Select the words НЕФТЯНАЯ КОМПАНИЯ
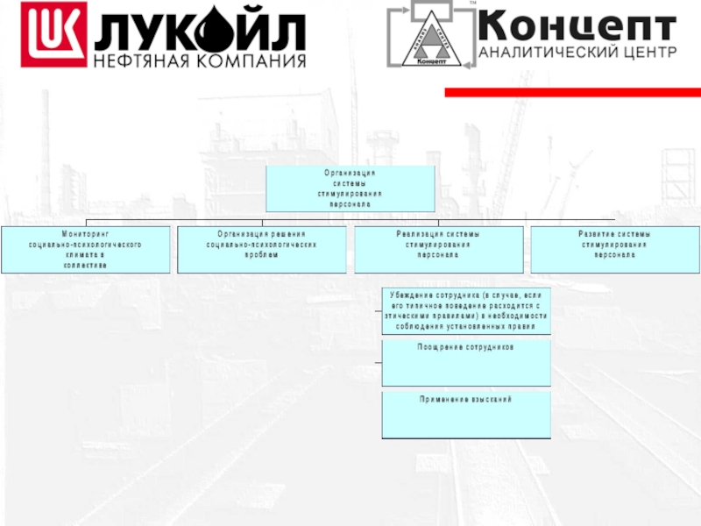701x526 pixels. click(200, 61)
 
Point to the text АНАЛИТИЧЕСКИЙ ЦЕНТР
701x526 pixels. click(577, 52)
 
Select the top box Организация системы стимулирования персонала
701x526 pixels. click(350, 188)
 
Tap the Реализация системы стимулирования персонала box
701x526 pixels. click(438, 250)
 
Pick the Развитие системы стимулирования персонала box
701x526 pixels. click(614, 250)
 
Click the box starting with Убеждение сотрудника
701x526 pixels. click(466, 311)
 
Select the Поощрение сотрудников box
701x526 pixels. click(466, 363)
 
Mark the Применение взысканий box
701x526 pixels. click(466, 415)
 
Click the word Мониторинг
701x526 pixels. click(84, 234)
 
